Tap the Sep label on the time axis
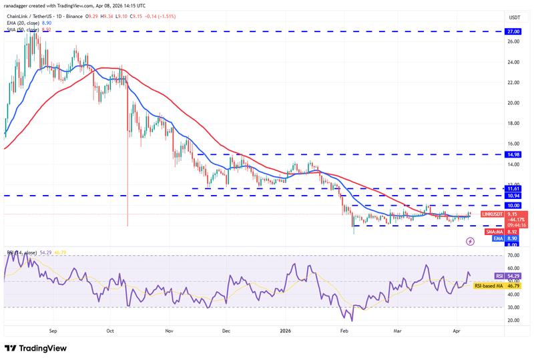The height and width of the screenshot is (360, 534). [54, 330]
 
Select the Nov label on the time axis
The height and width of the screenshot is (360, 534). [169, 330]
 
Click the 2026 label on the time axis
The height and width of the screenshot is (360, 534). [285, 330]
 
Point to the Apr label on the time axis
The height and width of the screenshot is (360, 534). [457, 330]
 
